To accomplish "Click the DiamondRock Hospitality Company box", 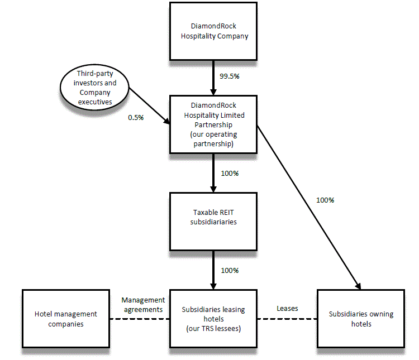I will coord(213,32).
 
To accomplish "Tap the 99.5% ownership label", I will coord(229,76).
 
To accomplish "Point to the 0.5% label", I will coord(136,118).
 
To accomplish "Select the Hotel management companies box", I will coord(66,319).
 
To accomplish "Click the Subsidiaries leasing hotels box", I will coord(213,319).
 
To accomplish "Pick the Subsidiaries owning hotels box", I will coord(360,319).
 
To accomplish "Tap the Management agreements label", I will coord(142,304).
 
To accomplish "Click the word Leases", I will coord(287,308).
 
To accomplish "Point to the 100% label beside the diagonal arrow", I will coord(325,200).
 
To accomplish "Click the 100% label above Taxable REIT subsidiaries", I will coord(229,174).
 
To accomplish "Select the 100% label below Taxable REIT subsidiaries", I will coord(229,271).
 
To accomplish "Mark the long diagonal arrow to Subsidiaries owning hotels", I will coord(307,207).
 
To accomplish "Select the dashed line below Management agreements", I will coord(140,319).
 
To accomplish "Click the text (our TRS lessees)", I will coord(213,328).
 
